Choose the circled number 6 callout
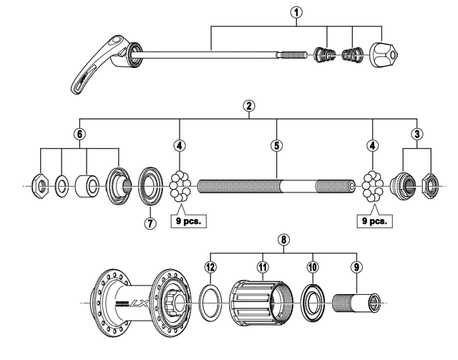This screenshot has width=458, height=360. [x=79, y=133]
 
